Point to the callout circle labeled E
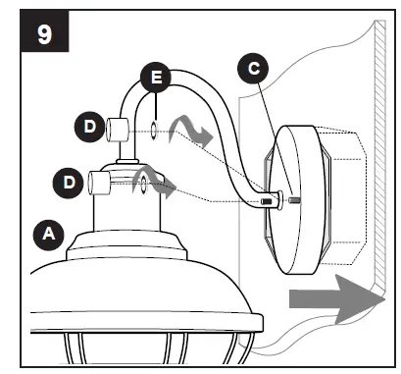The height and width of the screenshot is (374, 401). tap(153, 76)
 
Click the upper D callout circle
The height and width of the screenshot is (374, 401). tap(90, 127)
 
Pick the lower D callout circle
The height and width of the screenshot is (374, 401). tap(68, 182)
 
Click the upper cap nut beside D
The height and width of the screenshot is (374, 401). tap(120, 128)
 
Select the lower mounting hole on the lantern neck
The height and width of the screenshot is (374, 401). tap(143, 183)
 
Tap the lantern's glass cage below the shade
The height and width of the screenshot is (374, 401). tap(147, 348)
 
